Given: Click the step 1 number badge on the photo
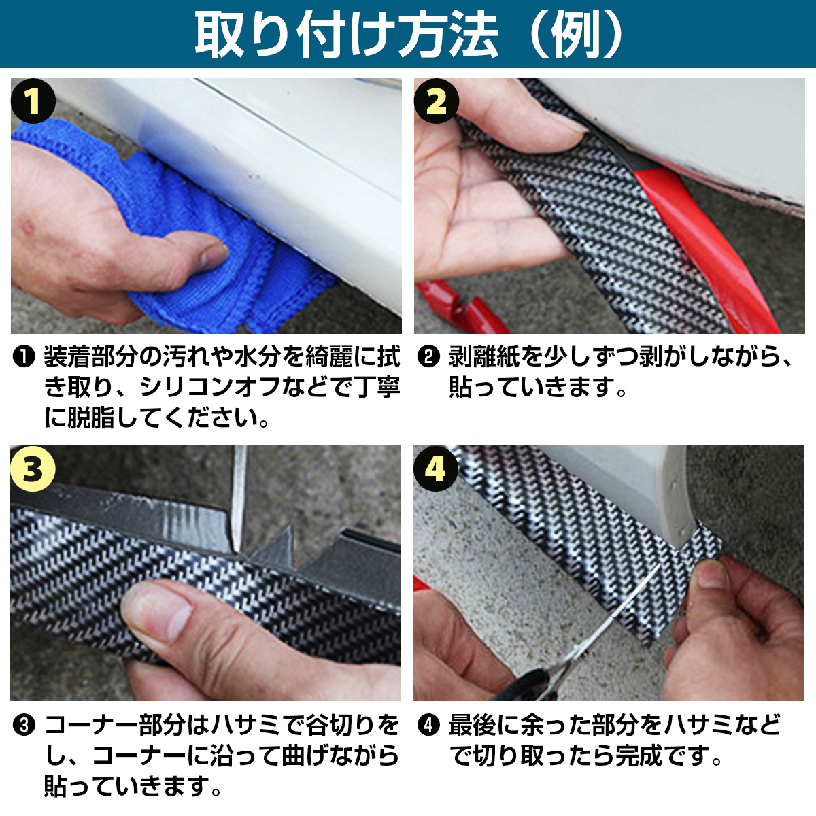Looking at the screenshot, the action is pyautogui.click(x=33, y=101).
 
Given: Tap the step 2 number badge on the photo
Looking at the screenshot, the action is pyautogui.click(x=437, y=101).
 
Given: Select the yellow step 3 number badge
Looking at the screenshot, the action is pyautogui.click(x=33, y=469).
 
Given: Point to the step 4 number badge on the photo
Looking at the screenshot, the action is pyautogui.click(x=436, y=469).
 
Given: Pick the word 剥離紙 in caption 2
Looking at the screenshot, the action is pyautogui.click(x=484, y=356).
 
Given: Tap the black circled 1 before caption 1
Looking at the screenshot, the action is pyautogui.click(x=24, y=356).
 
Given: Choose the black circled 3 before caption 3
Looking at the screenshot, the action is pyautogui.click(x=24, y=725).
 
